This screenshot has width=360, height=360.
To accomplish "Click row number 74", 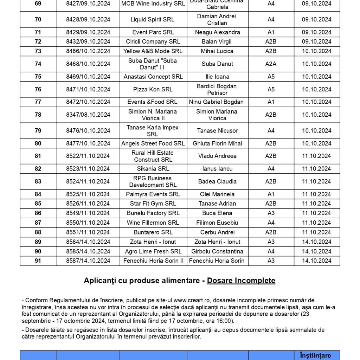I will pos(38,64).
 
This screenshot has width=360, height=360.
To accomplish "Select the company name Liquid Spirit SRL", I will pos(153,20).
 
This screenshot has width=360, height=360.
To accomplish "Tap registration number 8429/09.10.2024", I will pos(88,32).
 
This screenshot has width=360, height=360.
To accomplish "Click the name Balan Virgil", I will pos(217,41).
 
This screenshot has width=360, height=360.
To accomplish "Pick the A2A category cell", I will pos(271,64).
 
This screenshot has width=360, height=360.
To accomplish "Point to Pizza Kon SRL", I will pos(153,90).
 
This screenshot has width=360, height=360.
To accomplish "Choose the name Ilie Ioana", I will pos(217,77).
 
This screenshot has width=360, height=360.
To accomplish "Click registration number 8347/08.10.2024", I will pos(88,115).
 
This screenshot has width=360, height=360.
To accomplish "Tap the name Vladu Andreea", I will pos(217,156).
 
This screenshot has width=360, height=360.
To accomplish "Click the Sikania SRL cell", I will pos(153,169).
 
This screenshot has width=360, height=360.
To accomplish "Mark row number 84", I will pos(38,194).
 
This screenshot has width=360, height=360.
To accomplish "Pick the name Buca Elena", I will pos(217,213).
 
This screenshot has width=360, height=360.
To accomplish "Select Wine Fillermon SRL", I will pos(153,223).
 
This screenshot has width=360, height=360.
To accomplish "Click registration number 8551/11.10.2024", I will pos(88,232).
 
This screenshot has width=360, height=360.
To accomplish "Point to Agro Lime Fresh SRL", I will pos(153,251).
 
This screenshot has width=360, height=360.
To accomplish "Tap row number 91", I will pos(38,261).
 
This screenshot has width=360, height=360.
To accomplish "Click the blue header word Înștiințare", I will pos(315,355).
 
